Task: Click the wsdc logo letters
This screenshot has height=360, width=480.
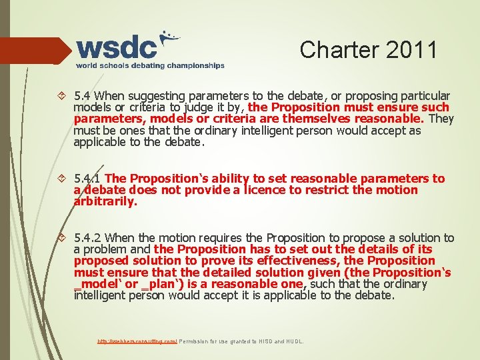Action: click(117, 47)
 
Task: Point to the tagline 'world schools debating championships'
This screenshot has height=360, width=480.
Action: click(150, 66)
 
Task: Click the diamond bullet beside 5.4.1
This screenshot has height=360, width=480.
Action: click(63, 179)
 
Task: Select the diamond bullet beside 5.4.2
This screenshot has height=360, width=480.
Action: click(63, 238)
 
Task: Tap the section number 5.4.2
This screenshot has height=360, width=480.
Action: click(88, 238)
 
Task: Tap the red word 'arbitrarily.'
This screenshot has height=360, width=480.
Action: click(105, 201)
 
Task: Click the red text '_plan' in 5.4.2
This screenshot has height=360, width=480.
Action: click(157, 284)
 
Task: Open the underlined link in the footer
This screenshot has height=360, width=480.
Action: click(137, 341)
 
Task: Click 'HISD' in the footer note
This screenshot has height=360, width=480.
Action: click(265, 341)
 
